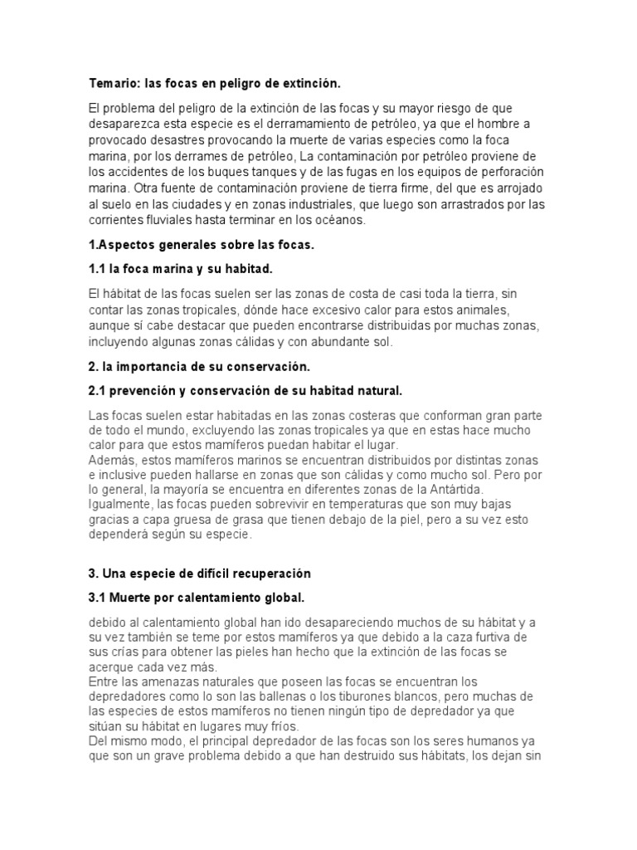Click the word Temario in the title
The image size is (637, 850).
click(x=114, y=84)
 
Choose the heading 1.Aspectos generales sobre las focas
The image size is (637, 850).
click(x=202, y=246)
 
